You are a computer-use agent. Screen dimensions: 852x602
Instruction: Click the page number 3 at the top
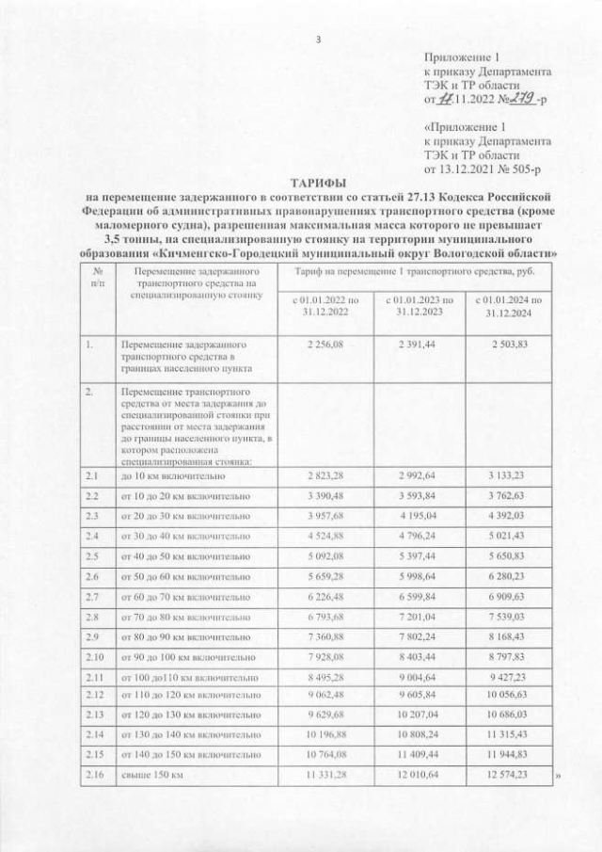tap(318, 39)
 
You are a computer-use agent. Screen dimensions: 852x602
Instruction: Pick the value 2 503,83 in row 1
tap(509, 345)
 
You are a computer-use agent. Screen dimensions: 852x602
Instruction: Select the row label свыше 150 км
tap(150, 777)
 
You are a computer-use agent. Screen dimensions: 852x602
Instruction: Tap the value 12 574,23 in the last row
tap(509, 777)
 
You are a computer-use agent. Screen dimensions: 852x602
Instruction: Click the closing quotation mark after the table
tap(558, 777)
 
